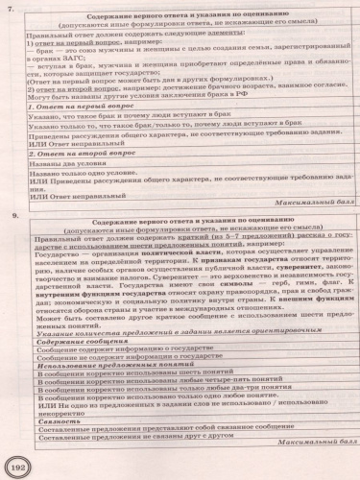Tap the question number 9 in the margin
point(12,220)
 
